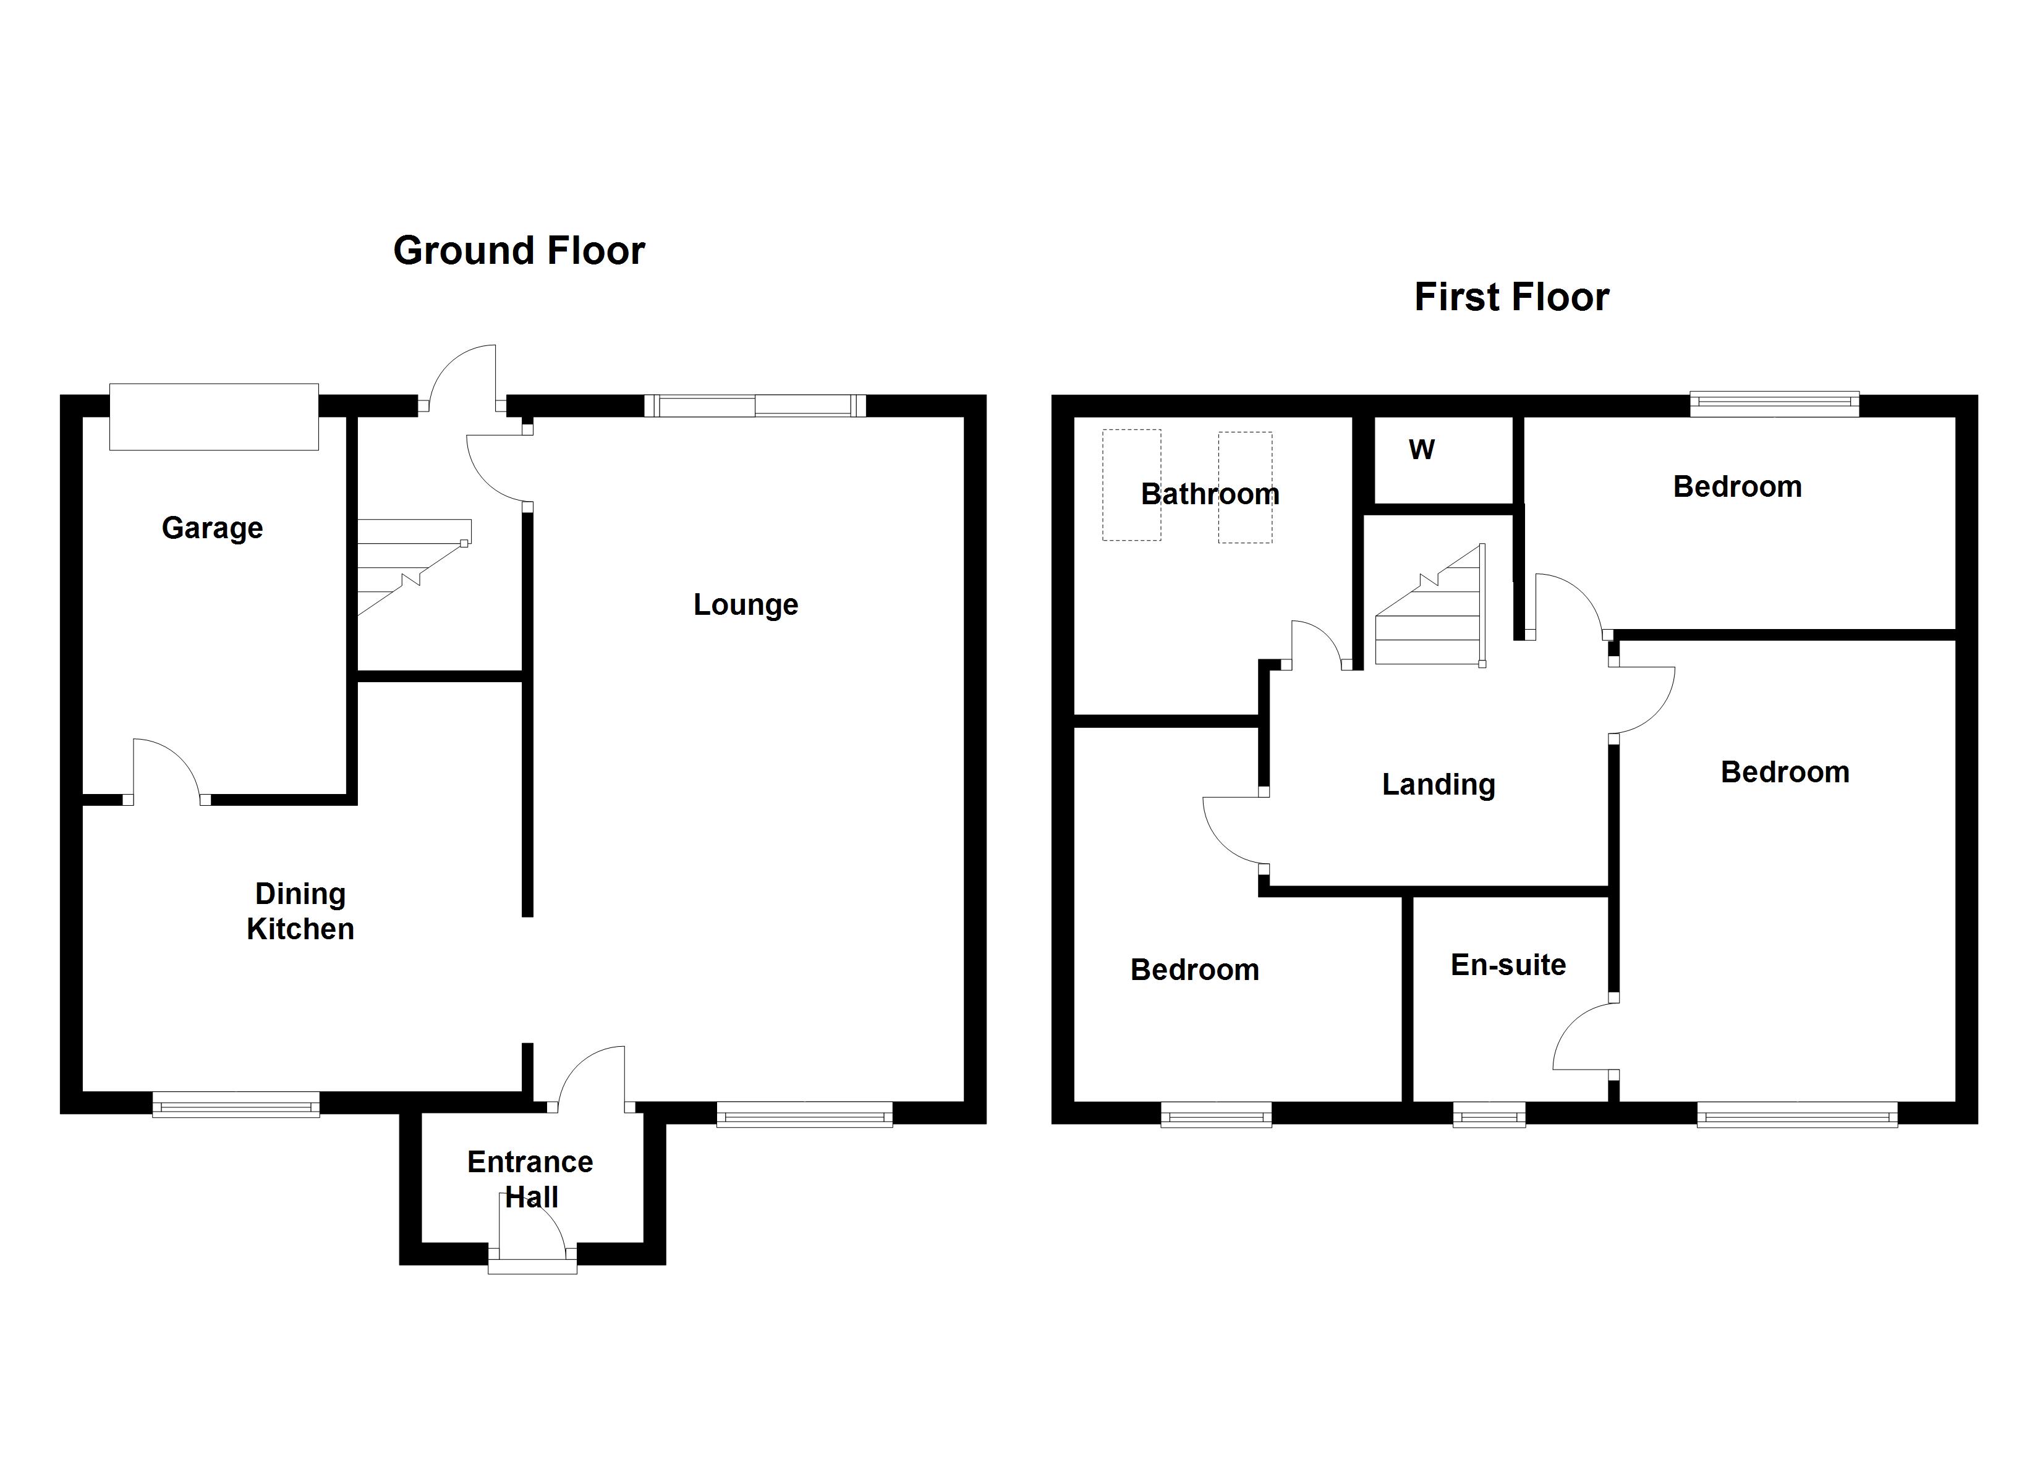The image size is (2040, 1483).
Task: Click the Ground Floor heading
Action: tap(519, 251)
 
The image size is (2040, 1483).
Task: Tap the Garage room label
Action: tap(212, 528)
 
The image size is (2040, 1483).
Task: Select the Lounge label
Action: tap(746, 604)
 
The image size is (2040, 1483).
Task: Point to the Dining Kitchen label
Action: tap(300, 911)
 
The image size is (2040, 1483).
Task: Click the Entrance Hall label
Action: tap(530, 1179)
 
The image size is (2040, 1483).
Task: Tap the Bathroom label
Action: tap(1210, 494)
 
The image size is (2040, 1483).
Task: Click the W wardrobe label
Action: tap(1421, 450)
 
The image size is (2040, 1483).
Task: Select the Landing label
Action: tap(1439, 784)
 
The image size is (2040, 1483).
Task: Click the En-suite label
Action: tap(1508, 965)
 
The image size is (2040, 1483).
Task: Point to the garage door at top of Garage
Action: tap(214, 416)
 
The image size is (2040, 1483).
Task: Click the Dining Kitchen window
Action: tap(236, 1104)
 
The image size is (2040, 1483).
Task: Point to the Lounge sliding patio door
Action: tap(755, 405)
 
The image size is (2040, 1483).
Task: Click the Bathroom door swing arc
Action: tap(1318, 644)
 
